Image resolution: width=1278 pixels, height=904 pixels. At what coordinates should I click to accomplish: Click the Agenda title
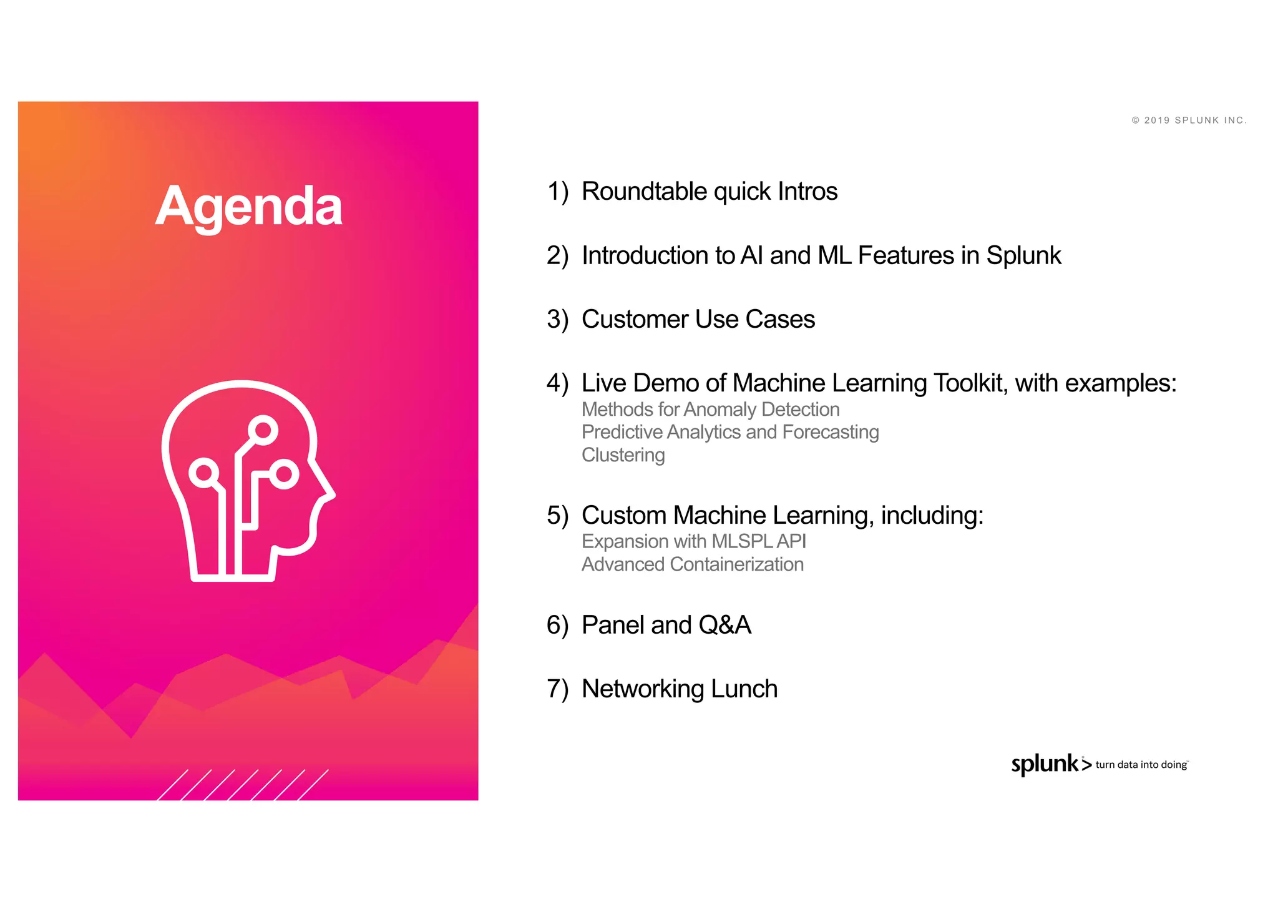coord(248,206)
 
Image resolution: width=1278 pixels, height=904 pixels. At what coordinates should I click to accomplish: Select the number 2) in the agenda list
coord(557,256)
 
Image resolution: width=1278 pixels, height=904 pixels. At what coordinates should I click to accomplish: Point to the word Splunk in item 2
coord(1023,256)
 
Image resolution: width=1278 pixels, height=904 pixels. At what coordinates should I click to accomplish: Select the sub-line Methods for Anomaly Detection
coord(710,410)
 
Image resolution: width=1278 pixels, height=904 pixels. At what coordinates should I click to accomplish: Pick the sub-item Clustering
coord(623,455)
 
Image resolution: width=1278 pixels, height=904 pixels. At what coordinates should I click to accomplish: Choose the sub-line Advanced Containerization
coord(692,564)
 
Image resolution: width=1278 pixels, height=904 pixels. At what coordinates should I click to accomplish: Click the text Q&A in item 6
coord(724,626)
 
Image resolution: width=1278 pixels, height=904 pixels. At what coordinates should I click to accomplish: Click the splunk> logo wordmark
coord(1050,764)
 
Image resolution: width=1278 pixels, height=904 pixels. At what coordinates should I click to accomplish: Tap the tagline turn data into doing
coord(1141,765)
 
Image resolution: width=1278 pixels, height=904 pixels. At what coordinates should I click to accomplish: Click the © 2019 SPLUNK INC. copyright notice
coord(1189,120)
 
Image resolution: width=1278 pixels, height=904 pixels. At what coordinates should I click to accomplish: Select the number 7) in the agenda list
coord(557,689)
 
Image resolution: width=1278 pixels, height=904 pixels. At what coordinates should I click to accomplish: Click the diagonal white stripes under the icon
coord(243,784)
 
